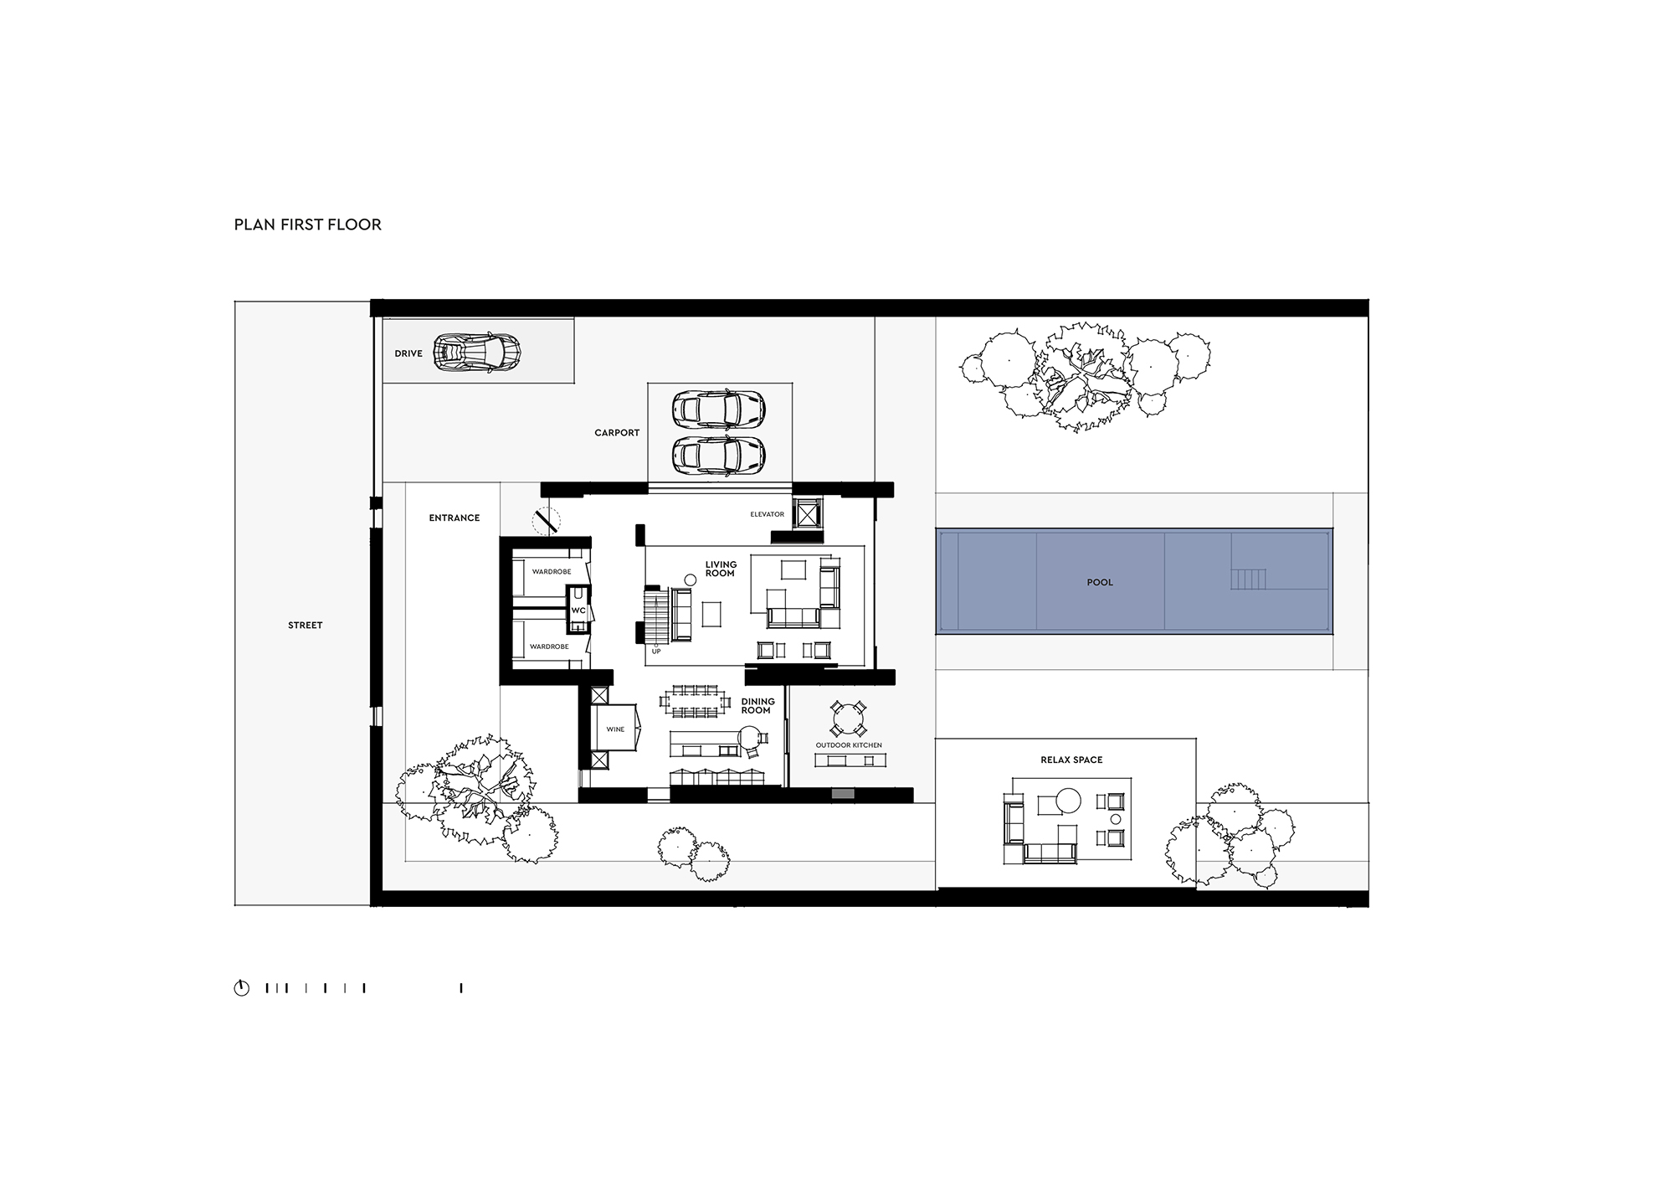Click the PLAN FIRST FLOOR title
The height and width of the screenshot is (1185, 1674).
click(x=308, y=224)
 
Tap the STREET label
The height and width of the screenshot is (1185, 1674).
click(x=306, y=626)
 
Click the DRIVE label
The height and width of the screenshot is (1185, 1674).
click(x=408, y=354)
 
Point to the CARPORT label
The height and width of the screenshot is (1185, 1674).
click(x=617, y=433)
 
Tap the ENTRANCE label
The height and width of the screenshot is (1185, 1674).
click(x=454, y=518)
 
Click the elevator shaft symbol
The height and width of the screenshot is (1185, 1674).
click(x=807, y=513)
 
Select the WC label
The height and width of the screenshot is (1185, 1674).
click(x=578, y=611)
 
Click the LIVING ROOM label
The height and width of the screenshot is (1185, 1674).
click(x=721, y=569)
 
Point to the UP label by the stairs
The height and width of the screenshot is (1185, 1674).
click(x=656, y=652)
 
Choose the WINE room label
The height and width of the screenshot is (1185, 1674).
click(x=615, y=729)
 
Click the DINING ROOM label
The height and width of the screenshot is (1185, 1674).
click(x=757, y=706)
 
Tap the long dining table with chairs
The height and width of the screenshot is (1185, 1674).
click(x=696, y=702)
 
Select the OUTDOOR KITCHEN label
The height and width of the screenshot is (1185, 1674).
click(x=849, y=745)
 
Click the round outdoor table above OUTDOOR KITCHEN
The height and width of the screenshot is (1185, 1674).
click(x=849, y=719)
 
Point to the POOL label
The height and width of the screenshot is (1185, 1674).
click(x=1100, y=583)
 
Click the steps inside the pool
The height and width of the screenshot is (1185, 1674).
click(x=1248, y=580)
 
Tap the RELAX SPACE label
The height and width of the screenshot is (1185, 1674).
click(x=1071, y=760)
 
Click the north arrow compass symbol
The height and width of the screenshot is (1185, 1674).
click(x=242, y=988)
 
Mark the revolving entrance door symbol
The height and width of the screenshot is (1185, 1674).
click(x=546, y=522)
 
